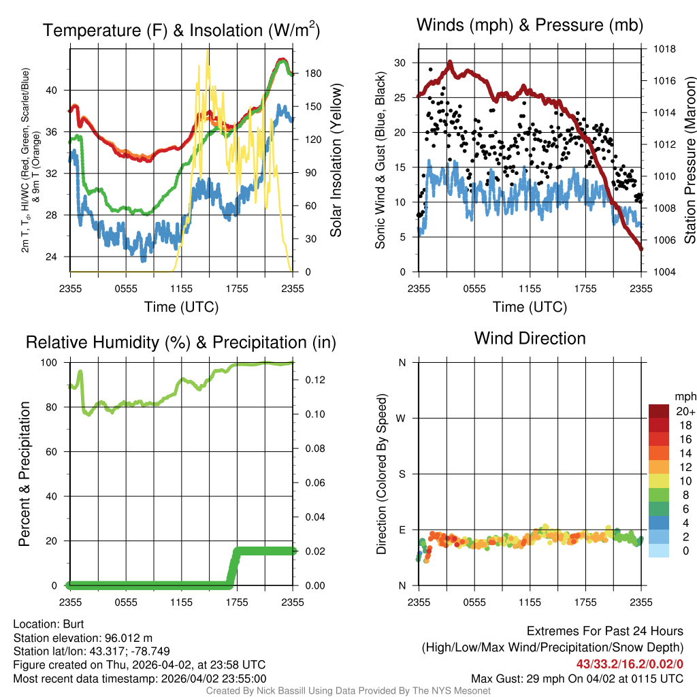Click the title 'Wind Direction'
530,338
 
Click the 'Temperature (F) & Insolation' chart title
181,31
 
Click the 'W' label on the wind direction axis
402,418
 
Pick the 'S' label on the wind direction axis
402,474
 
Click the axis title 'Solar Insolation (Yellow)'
336,161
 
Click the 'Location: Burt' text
48,623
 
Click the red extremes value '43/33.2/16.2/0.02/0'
630,664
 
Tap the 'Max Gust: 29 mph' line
577,678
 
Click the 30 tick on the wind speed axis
400,63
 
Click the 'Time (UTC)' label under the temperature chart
181,307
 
